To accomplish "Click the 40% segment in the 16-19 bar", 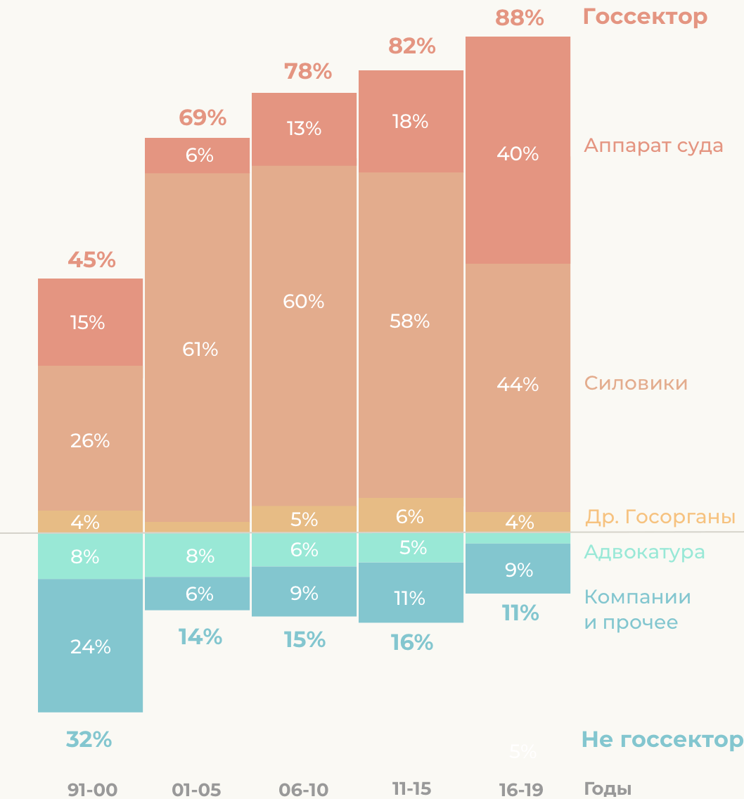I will point(518,153).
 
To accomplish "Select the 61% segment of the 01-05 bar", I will point(200,349).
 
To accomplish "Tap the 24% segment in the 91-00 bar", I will point(90,646).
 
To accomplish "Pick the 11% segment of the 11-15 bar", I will point(410,598).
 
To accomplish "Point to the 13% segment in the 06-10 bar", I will point(304,129).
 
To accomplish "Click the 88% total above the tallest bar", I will point(520,18).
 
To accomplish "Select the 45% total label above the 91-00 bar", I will point(91,260).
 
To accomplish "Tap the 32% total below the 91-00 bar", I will point(89,740).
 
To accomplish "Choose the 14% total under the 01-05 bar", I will point(200,637).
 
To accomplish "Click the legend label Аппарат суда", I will point(653,146).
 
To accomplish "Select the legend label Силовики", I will point(636,383).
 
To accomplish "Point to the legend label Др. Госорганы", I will point(660,518).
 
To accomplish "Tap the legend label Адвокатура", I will point(644,552).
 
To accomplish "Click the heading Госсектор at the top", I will point(645,17).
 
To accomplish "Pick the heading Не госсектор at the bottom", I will point(661,740).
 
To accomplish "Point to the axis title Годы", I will point(608,789).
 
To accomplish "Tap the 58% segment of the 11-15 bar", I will point(410,321).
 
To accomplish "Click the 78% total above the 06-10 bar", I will point(308,71).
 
